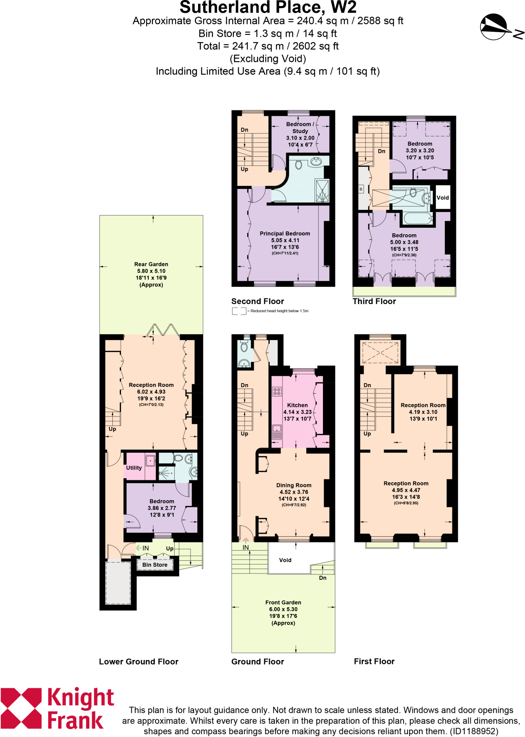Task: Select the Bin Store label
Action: [x=155, y=565]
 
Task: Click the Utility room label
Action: [x=134, y=468]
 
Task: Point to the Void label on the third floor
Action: [x=443, y=198]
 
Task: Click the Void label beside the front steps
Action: [x=285, y=560]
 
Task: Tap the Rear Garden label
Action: [x=151, y=264]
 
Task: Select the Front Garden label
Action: [x=283, y=602]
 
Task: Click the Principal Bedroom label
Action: [x=285, y=234]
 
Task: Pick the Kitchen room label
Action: [x=297, y=405]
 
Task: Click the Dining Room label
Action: [x=294, y=485]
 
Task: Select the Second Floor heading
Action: [x=257, y=301]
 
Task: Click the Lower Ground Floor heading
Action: [x=139, y=661]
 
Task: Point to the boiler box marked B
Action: [x=361, y=189]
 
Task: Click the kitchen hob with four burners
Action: [x=277, y=392]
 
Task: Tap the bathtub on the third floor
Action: [x=418, y=218]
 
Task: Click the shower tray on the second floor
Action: [x=322, y=190]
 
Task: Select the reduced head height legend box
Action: [x=239, y=311]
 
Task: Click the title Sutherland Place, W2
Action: [x=268, y=7]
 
